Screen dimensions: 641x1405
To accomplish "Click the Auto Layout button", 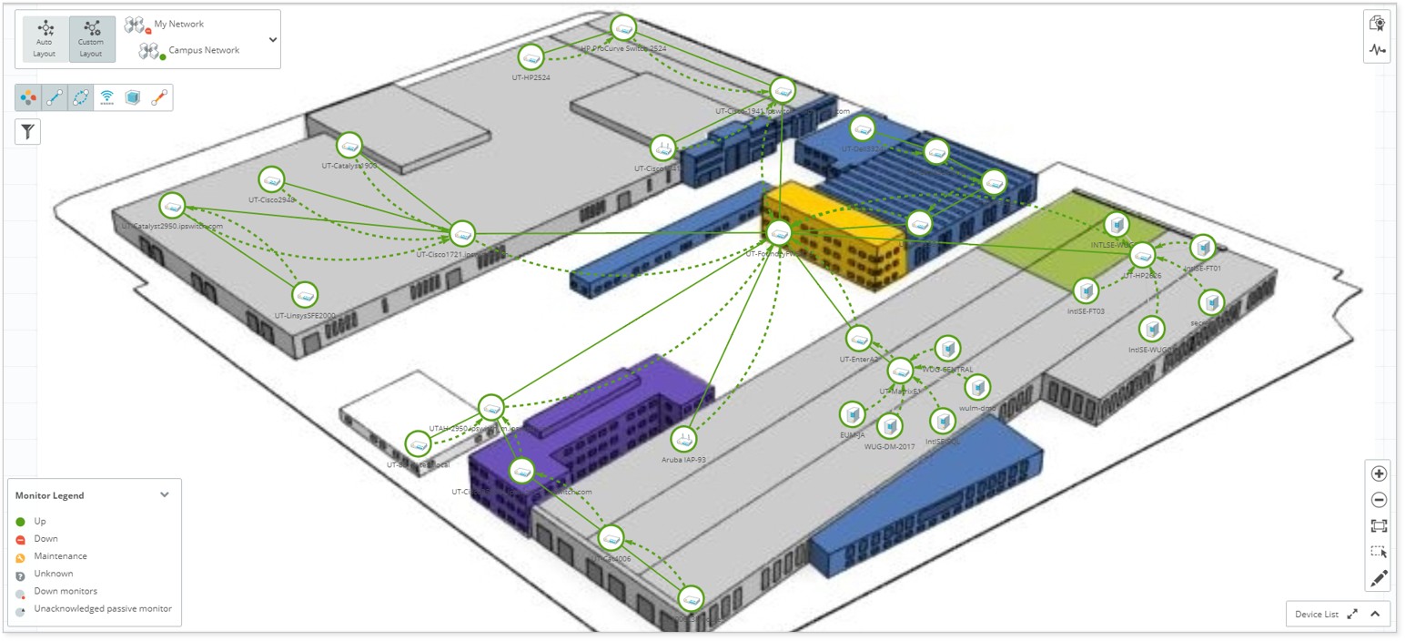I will click(x=45, y=39).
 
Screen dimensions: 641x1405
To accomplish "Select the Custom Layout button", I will click(x=91, y=39).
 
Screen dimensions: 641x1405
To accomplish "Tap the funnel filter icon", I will click(x=28, y=131).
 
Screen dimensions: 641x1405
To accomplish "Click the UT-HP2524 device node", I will click(x=531, y=57).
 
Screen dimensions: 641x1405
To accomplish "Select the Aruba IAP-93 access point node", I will click(x=683, y=439).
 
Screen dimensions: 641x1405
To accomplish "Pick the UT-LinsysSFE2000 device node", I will click(x=305, y=295).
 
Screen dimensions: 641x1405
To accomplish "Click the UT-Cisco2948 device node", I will click(x=271, y=179).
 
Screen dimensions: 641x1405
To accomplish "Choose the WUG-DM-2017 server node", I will click(x=889, y=425).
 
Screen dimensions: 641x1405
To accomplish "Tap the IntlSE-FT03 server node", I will click(x=1086, y=290).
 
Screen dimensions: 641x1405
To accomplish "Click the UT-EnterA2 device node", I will click(x=858, y=339).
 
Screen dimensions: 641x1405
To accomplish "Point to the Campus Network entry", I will click(x=204, y=50).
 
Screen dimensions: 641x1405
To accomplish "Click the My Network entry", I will click(x=179, y=24).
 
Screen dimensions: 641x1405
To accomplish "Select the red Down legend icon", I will click(x=21, y=539).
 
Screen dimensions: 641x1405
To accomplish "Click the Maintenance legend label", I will click(x=60, y=555).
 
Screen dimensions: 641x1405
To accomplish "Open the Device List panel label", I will click(x=1317, y=614).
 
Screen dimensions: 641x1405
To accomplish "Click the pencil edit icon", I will click(x=1379, y=578).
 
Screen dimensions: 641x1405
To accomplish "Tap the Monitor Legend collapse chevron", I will click(x=165, y=494).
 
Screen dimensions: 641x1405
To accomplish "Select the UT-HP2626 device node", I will click(x=1142, y=255).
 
